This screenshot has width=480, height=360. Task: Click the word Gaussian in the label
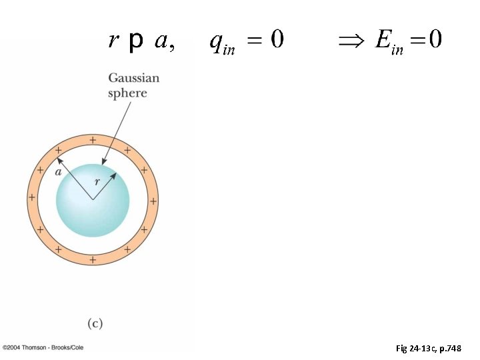[134, 79]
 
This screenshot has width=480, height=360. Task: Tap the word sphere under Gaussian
[127, 93]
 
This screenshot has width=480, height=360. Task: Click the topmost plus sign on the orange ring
[92, 140]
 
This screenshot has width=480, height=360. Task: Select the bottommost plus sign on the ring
[92, 259]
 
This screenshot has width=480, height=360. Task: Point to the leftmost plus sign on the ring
[32, 198]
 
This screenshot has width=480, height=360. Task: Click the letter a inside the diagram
[58, 171]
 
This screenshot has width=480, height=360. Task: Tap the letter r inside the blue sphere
[97, 180]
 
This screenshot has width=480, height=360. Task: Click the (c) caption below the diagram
[95, 323]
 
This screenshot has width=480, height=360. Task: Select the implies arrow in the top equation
[350, 41]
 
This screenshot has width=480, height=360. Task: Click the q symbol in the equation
[217, 41]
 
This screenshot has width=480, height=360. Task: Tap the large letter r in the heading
[114, 41]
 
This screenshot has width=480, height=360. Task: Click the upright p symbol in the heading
[135, 42]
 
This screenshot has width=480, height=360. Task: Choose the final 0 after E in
[435, 41]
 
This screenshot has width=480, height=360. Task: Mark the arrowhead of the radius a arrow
[59, 159]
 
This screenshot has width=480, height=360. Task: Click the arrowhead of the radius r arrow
[114, 175]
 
